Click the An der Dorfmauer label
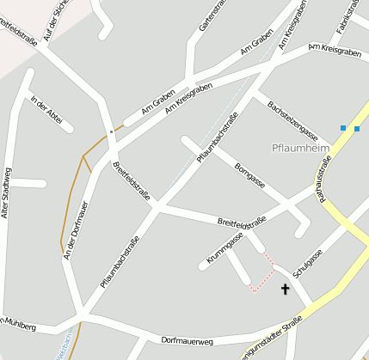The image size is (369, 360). click(x=75, y=229)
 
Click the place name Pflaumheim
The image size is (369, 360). click(x=301, y=148)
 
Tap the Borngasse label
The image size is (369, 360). click(x=249, y=174)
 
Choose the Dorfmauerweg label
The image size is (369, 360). click(x=187, y=340)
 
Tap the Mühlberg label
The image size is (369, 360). click(x=21, y=326)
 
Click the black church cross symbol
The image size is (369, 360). click(x=286, y=290)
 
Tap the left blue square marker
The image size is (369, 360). click(x=343, y=128)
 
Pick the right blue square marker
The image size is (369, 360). click(x=357, y=128)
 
